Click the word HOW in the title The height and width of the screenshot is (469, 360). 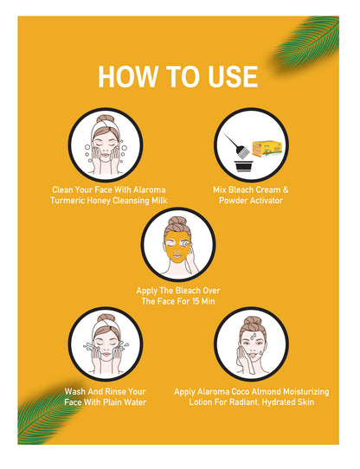coord(128,77)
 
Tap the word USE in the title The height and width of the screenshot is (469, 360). coord(233,77)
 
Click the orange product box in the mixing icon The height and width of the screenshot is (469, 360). coord(267,149)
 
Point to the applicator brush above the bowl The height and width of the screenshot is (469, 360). coord(237,146)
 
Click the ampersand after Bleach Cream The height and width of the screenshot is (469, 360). coord(286,190)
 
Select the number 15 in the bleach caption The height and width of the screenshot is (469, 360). coord(196,301)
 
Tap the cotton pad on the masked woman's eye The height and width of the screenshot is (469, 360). coord(186,244)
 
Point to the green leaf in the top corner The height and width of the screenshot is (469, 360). coord(307,42)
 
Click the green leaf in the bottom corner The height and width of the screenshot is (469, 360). coord(48,414)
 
